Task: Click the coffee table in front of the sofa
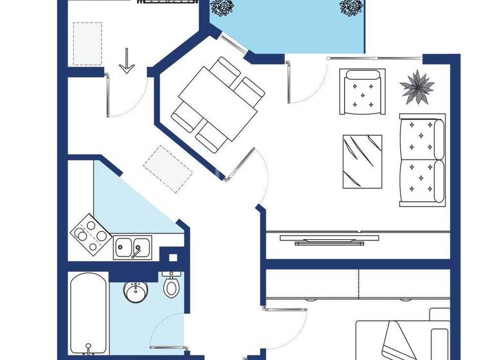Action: click(362, 161)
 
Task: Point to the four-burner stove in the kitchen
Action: click(89, 235)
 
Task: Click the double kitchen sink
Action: click(133, 248)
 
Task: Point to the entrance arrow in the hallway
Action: click(127, 62)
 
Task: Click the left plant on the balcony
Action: click(223, 8)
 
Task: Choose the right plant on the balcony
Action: click(352, 8)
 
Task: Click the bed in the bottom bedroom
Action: click(412, 337)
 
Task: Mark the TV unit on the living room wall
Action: click(329, 239)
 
